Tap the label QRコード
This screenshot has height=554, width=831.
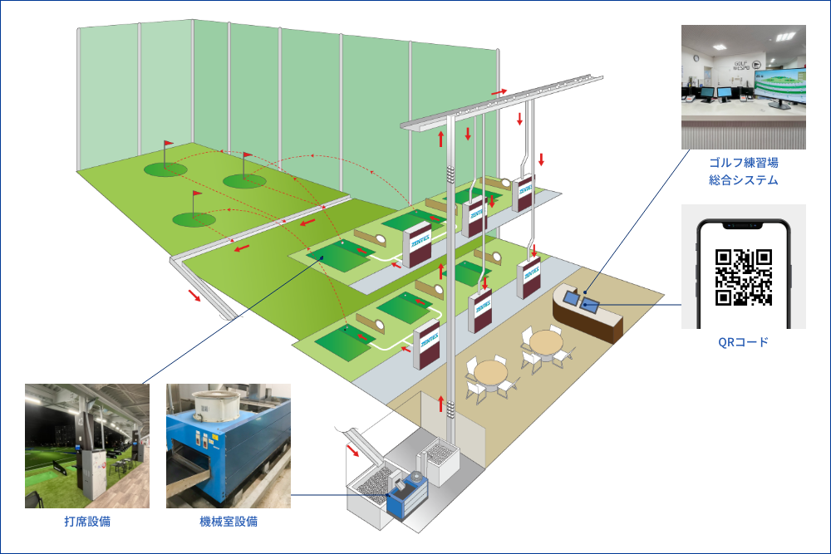click(744, 341)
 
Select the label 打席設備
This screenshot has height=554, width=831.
click(87, 522)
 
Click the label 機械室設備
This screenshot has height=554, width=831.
click(229, 522)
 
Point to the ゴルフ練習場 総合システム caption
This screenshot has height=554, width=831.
click(744, 171)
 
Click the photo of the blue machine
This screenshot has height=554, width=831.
click(229, 446)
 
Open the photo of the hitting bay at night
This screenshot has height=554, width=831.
click(87, 446)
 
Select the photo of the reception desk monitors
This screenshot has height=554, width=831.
click(744, 86)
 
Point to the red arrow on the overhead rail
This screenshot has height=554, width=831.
click(499, 91)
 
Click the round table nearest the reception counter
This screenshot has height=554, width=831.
click(547, 342)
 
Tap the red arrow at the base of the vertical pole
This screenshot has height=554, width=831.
click(441, 404)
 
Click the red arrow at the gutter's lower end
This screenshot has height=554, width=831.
click(194, 296)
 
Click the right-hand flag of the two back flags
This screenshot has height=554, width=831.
click(246, 156)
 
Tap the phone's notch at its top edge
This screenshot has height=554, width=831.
click(744, 223)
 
